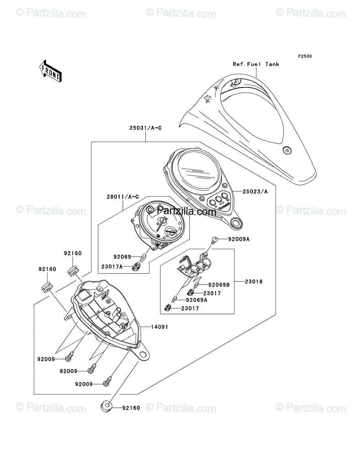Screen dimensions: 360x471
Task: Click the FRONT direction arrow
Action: [50, 71]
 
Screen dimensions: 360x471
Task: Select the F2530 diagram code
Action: [305, 56]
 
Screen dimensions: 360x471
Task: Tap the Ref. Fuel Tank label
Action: [256, 64]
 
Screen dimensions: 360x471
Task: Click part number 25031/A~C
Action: [145, 128]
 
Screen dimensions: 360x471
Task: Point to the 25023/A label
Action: [255, 192]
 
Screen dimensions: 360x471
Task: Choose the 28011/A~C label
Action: [123, 197]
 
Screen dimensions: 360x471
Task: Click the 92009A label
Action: [239, 239]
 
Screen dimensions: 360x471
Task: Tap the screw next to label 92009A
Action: [215, 240]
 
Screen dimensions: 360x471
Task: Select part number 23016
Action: [254, 281]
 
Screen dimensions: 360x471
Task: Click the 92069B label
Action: [219, 285]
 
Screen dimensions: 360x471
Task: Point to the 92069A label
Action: [197, 300]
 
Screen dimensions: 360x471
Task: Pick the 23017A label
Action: [112, 267]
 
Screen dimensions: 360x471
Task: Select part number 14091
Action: [159, 327]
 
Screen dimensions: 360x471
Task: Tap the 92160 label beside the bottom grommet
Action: [131, 408]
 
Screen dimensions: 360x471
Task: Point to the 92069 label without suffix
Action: [122, 257]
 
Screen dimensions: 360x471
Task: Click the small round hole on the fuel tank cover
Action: [287, 150]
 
